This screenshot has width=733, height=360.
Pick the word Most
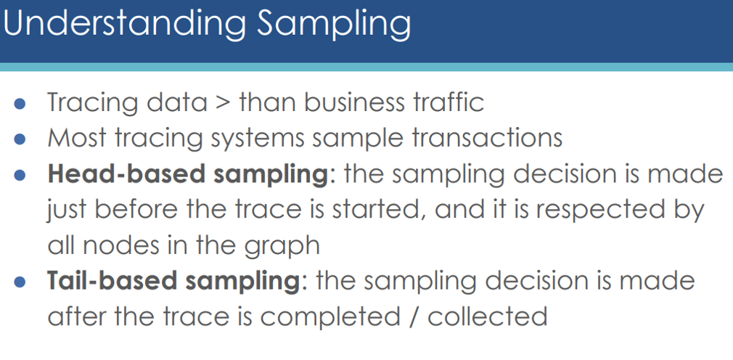click(x=77, y=138)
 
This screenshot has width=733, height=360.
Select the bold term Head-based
click(x=126, y=173)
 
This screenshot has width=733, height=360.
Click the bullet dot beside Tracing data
click(x=20, y=103)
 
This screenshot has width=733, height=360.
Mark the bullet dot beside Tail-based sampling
click(x=20, y=282)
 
